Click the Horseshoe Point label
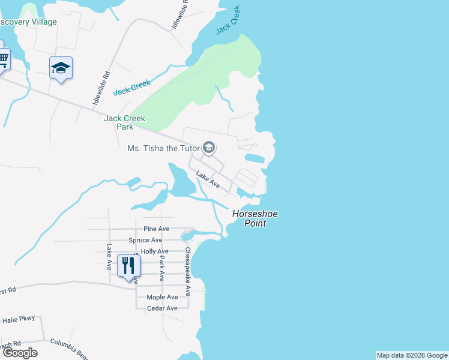[x=255, y=218]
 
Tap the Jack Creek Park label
[x=125, y=122]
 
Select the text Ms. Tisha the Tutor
[x=163, y=148]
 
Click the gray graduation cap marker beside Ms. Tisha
[x=209, y=147]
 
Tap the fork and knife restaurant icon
[x=128, y=265]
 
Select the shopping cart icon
[x=3, y=59]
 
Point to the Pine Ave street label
[x=157, y=229]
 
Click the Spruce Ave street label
[x=145, y=240]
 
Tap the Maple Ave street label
[x=163, y=297]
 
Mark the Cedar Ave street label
[x=163, y=308]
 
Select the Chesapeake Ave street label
[x=188, y=271]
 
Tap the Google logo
[x=19, y=353]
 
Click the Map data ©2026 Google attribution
[x=411, y=355]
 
